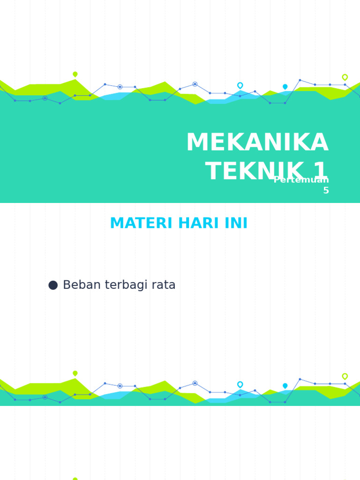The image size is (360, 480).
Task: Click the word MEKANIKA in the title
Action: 257,143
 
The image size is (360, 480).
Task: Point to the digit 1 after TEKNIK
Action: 321,172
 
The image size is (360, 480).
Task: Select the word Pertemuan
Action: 301,180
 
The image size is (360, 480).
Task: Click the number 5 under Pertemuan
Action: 326,191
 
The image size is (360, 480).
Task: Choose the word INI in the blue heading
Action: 236,224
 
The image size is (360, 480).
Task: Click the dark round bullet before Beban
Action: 53,285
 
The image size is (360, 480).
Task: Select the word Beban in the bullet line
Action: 80,285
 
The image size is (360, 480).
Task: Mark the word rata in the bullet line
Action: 164,285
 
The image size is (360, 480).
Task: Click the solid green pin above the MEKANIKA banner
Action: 75,74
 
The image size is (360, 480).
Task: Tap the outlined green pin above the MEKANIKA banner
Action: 345,77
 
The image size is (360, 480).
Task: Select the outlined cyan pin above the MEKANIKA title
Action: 240,85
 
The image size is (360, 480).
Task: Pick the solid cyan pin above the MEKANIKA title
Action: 285,87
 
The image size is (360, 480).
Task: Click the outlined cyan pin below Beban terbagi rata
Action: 240,384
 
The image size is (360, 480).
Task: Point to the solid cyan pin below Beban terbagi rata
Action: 285,386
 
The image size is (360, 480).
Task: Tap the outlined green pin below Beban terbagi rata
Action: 345,376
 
